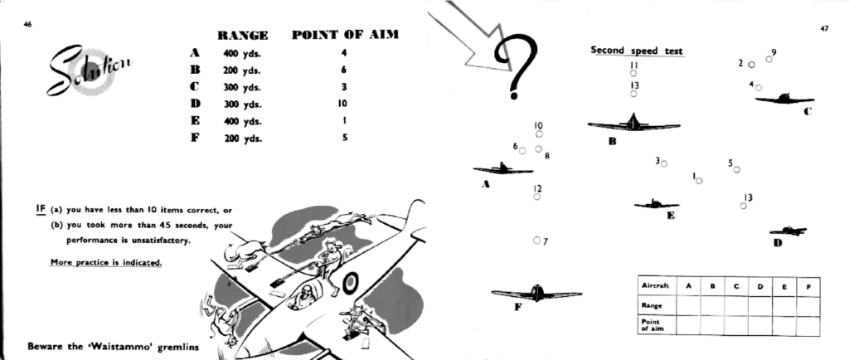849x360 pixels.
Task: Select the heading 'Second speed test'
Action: click(x=637, y=51)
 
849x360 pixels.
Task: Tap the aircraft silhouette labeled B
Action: click(x=633, y=124)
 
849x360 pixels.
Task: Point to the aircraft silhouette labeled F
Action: click(x=536, y=294)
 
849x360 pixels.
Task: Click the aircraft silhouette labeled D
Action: click(x=788, y=231)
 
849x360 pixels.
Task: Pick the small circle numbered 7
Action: click(x=536, y=240)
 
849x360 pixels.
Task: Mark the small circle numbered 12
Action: click(x=536, y=197)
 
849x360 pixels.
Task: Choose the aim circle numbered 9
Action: click(x=769, y=59)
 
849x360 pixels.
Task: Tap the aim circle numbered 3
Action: click(x=664, y=163)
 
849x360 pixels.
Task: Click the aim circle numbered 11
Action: click(x=633, y=73)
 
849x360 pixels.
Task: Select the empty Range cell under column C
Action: click(x=736, y=305)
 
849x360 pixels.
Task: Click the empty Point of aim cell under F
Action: click(x=808, y=326)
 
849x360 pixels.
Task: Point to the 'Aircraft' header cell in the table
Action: click(x=657, y=286)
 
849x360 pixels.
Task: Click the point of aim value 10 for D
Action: click(x=342, y=104)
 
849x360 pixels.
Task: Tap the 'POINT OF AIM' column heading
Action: click(x=345, y=35)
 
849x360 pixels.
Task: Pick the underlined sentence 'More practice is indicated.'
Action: click(x=106, y=263)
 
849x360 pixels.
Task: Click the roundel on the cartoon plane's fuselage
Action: click(x=351, y=283)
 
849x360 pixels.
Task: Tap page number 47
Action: click(x=824, y=29)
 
